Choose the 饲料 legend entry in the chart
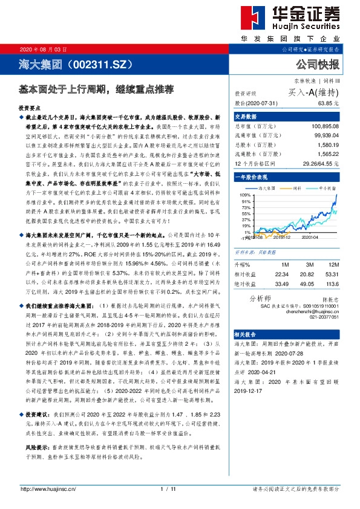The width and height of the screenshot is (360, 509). (296, 189)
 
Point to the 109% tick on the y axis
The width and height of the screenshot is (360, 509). (246, 195)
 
